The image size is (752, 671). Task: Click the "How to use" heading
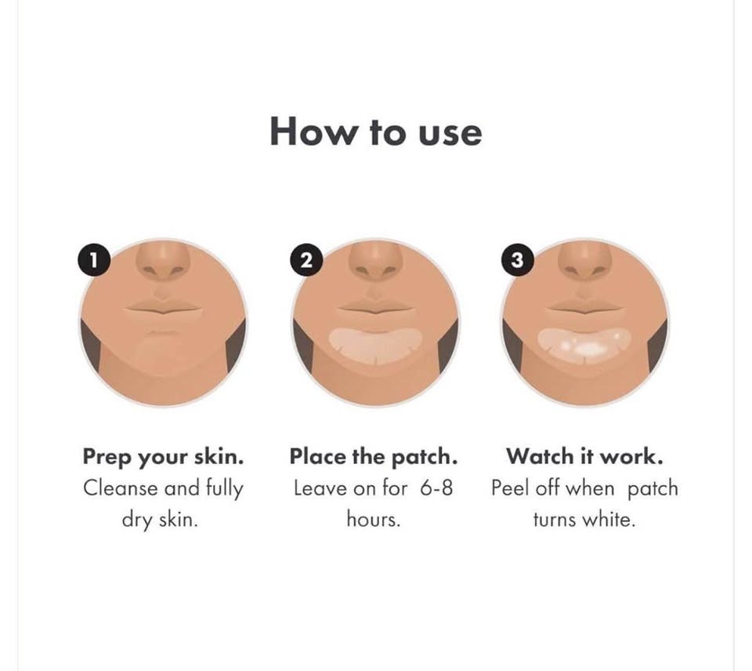coord(376,132)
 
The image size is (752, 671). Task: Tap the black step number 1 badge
coord(94,260)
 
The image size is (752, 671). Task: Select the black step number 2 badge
coord(306,260)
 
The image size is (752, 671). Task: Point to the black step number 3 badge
coord(517,260)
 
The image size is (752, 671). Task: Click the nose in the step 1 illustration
coord(163,262)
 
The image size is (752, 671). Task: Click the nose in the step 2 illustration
coord(375,262)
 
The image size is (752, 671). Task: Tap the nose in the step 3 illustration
coord(585,262)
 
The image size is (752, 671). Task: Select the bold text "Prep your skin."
coord(163,457)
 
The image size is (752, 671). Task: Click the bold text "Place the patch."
coord(374,456)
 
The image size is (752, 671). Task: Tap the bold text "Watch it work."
coord(584,456)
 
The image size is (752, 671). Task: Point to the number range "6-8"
coord(436,488)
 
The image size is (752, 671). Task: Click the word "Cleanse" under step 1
coord(121,488)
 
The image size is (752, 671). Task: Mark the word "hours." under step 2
coord(374,520)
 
